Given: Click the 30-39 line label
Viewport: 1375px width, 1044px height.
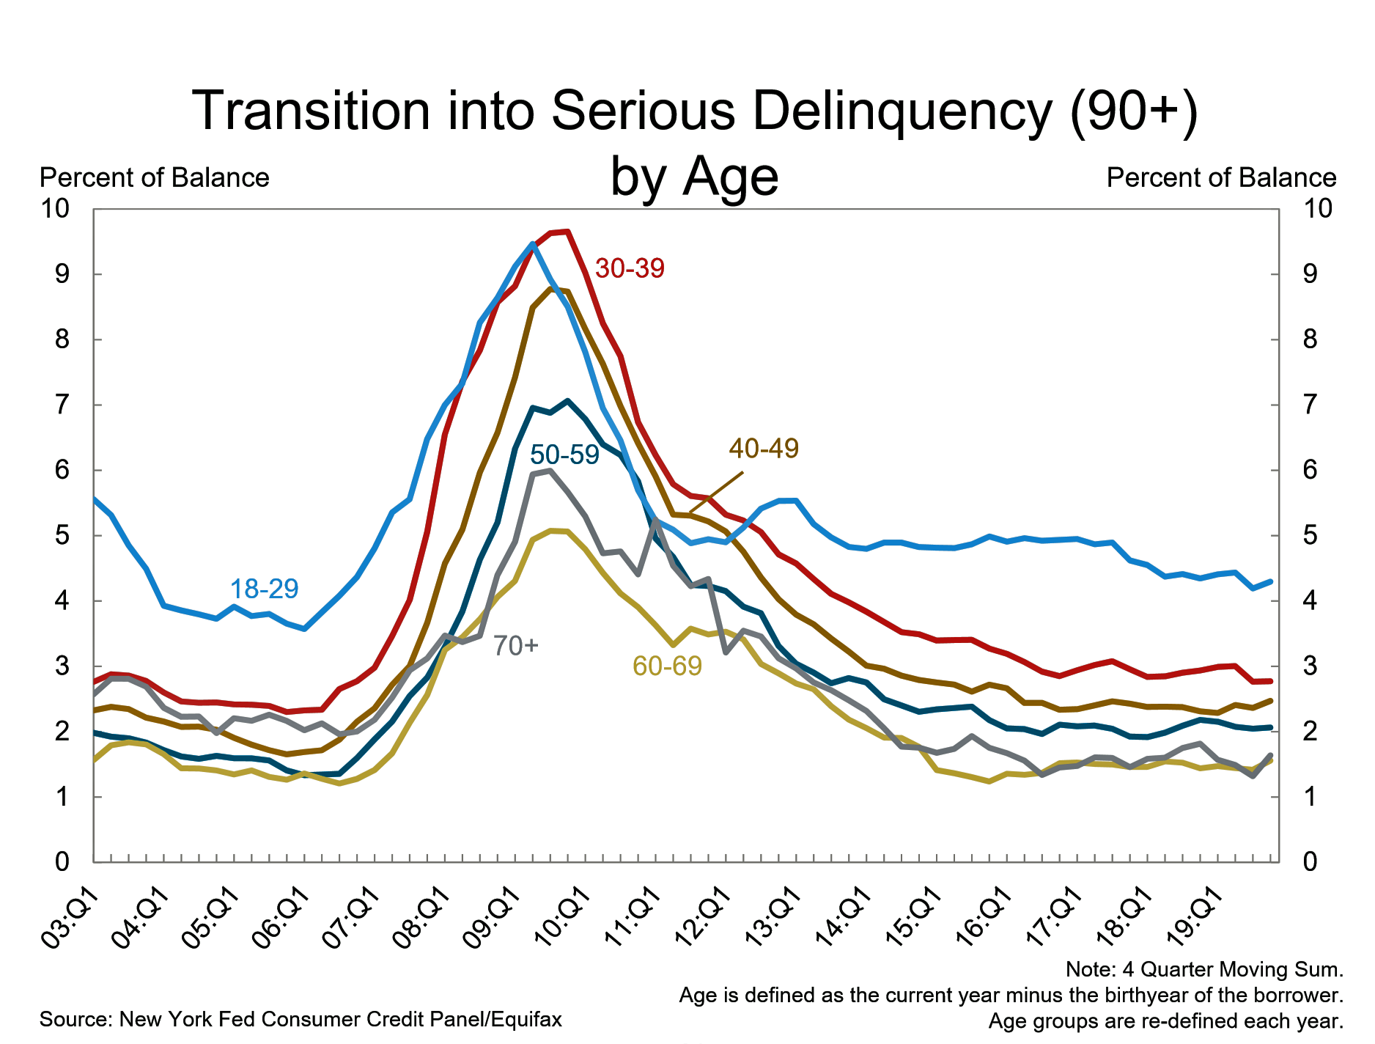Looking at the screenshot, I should tap(630, 268).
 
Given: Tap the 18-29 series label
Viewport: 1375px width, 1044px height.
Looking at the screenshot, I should tap(264, 589).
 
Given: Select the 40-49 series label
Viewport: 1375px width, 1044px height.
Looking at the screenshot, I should tap(764, 448).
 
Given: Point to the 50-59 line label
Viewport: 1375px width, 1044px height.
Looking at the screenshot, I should tap(564, 455).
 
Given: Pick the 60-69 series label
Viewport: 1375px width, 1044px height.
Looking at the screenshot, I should tap(667, 666).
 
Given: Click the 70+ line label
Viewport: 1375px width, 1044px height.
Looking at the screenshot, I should tap(515, 646).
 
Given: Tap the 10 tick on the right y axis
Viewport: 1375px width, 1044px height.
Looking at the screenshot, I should tap(1317, 209).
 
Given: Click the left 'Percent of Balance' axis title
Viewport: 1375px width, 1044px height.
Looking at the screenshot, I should tap(155, 178).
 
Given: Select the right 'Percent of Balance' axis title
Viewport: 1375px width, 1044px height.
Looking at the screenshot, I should tap(1221, 178).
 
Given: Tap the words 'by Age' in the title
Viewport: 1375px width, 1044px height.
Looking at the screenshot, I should tap(694, 177).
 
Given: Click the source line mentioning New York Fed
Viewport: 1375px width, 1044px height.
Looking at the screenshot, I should tap(301, 1019).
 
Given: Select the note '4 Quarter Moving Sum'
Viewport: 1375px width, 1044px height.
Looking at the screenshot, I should tap(1204, 969).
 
